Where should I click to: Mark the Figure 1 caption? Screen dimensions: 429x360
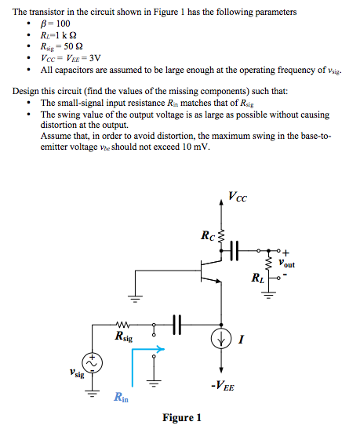[182, 417]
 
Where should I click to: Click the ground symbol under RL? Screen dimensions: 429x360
[270, 294]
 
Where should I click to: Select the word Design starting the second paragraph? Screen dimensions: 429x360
[28, 92]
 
